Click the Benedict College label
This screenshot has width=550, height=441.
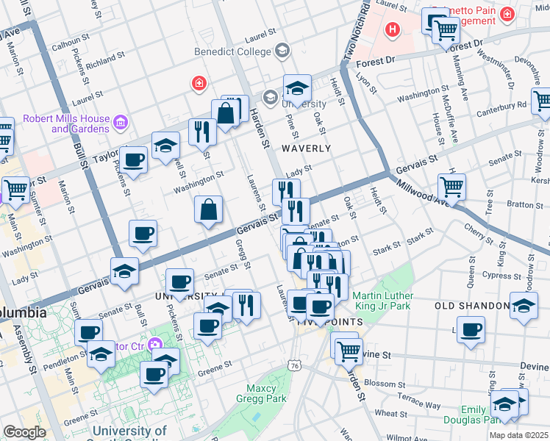(x=232, y=51)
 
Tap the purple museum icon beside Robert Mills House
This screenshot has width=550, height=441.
(x=122, y=121)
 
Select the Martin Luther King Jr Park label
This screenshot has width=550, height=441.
(x=384, y=301)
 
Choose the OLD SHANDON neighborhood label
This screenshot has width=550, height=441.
(x=472, y=306)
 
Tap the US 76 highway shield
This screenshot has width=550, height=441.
(x=295, y=365)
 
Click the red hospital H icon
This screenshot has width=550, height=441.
(x=393, y=30)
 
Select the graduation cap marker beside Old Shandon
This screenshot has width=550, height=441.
(x=524, y=306)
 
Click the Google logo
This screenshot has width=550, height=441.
(x=25, y=432)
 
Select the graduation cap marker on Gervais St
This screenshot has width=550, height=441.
(x=124, y=271)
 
